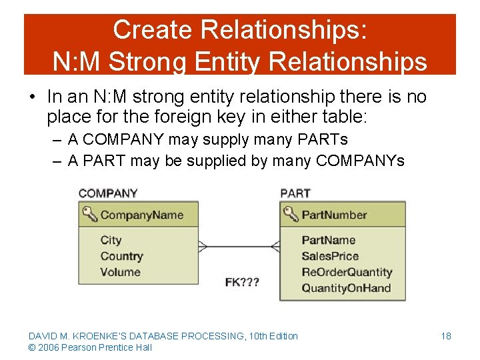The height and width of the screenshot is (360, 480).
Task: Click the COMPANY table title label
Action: click(x=108, y=193)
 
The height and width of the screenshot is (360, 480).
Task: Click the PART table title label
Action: click(x=295, y=193)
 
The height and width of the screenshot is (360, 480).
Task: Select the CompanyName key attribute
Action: click(x=141, y=215)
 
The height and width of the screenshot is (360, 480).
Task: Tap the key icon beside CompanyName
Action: click(x=89, y=214)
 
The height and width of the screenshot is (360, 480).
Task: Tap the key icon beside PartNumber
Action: click(x=291, y=214)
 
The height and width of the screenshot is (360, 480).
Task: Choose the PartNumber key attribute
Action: click(x=334, y=215)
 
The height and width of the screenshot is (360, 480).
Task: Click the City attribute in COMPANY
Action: click(x=111, y=240)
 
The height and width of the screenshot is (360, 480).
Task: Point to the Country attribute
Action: click(x=121, y=256)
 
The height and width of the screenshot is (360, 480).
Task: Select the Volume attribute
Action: click(x=120, y=272)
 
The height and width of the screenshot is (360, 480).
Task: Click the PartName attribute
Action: click(x=329, y=240)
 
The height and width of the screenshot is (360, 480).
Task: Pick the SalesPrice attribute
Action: click(x=330, y=256)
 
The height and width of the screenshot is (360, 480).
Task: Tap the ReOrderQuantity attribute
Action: click(x=347, y=272)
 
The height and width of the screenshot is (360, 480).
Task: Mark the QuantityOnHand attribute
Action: click(x=346, y=288)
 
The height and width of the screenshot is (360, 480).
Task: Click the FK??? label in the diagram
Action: click(x=242, y=282)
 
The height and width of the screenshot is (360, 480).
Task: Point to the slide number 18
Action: click(x=446, y=336)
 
